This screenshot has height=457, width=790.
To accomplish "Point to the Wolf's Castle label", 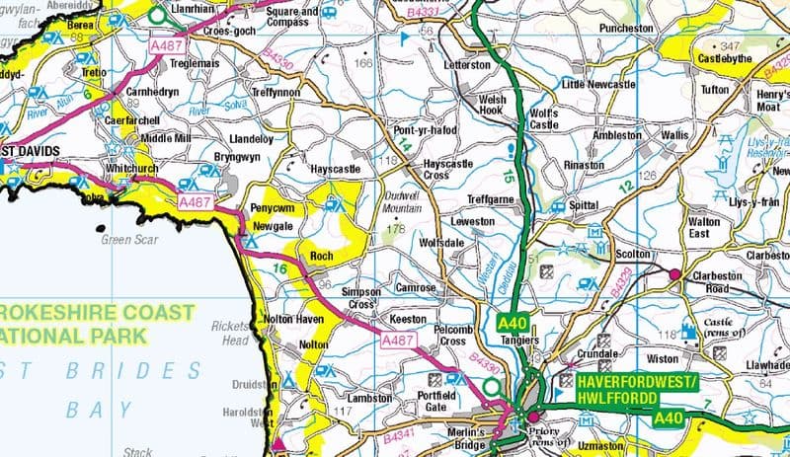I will [544, 118].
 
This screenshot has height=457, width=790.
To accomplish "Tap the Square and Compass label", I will [293, 16].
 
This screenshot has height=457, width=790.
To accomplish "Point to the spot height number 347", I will [730, 46].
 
